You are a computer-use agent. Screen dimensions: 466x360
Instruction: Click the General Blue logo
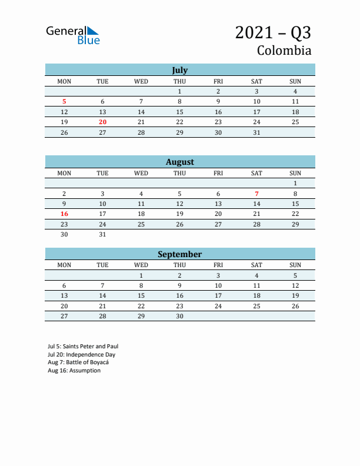tap(73, 35)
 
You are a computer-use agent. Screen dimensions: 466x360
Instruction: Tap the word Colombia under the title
tap(284, 51)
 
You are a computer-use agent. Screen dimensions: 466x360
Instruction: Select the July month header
tap(180, 70)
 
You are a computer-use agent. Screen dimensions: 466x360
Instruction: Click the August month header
tap(180, 162)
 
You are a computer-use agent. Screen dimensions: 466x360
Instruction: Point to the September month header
tap(180, 254)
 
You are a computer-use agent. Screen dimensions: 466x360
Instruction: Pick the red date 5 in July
tap(64, 102)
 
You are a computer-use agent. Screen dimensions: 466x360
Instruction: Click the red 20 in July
tap(102, 122)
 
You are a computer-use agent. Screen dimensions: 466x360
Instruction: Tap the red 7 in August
tap(256, 194)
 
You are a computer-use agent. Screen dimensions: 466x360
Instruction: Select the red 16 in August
tap(64, 214)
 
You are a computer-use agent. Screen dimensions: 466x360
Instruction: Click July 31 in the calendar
tap(256, 132)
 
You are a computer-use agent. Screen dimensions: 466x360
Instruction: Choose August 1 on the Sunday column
tap(295, 184)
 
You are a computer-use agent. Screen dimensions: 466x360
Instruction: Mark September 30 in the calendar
tap(179, 316)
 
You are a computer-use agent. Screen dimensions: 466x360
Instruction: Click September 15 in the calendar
tap(141, 296)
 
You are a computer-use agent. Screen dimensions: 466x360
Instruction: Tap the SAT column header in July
tap(256, 81)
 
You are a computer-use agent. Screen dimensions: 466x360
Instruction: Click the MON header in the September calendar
tap(64, 265)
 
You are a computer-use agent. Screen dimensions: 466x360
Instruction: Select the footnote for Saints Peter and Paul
tap(83, 347)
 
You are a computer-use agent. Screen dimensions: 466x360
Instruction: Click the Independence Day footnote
tap(82, 355)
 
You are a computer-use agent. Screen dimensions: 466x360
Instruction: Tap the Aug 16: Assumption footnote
tap(74, 371)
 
